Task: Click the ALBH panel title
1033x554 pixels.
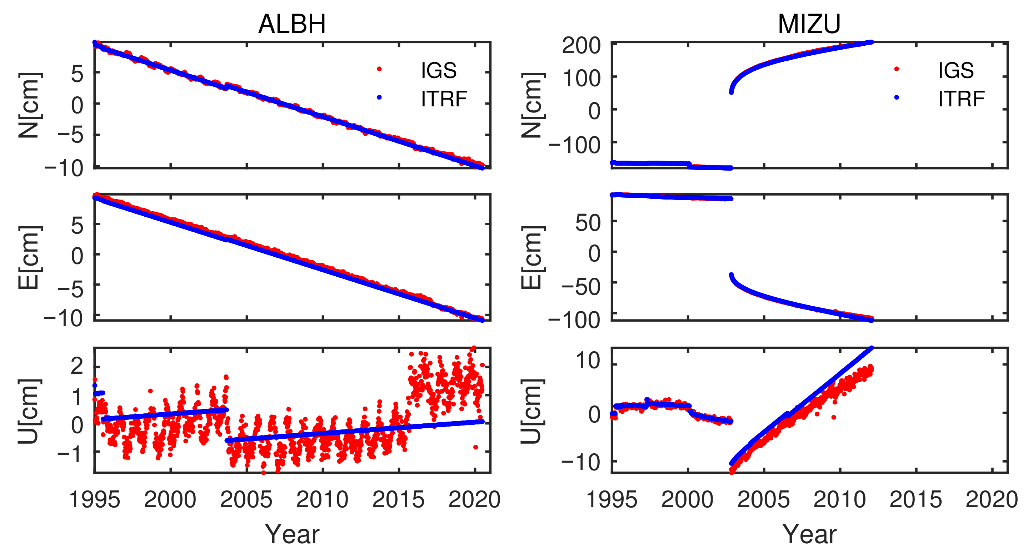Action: (x=291, y=24)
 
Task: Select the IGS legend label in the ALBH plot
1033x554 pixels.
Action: (x=438, y=71)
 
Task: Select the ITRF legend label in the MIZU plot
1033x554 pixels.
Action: (x=961, y=99)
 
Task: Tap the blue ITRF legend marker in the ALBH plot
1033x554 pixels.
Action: (x=379, y=97)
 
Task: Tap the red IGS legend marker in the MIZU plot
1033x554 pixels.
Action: (x=896, y=69)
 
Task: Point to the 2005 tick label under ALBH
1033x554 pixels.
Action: (x=246, y=500)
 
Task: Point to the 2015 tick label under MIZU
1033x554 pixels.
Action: (x=915, y=500)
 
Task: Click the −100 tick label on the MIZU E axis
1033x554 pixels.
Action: (x=574, y=320)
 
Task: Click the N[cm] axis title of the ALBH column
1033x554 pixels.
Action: (x=29, y=105)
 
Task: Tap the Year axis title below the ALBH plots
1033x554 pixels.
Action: (x=291, y=534)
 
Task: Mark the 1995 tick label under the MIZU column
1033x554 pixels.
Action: (x=612, y=500)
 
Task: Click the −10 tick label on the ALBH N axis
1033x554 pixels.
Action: (x=64, y=168)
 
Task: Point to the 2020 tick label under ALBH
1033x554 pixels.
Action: (x=474, y=500)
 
